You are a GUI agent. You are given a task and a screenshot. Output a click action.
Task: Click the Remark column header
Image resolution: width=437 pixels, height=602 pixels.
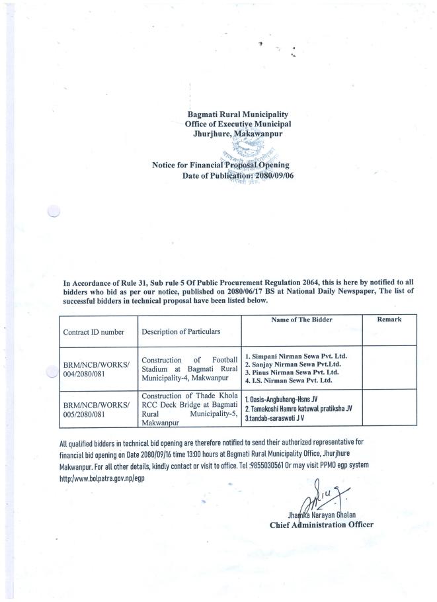[389, 320]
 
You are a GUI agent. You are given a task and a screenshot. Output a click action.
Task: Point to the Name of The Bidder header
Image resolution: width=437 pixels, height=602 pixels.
[301, 320]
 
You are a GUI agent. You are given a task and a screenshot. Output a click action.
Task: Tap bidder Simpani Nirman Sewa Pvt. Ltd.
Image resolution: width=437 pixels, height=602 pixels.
[296, 356]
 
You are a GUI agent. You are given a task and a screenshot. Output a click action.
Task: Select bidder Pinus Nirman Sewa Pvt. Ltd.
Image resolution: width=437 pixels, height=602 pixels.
[291, 373]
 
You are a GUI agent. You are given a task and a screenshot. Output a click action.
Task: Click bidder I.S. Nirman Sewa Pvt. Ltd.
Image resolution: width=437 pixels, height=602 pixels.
[289, 382]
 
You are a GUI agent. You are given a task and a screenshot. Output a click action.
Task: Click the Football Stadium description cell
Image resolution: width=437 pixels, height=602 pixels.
[188, 368]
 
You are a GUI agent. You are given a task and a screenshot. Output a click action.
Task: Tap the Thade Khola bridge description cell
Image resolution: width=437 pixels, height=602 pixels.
[188, 406]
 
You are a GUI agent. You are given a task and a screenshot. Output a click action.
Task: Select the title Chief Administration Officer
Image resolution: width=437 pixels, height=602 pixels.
[321, 525]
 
